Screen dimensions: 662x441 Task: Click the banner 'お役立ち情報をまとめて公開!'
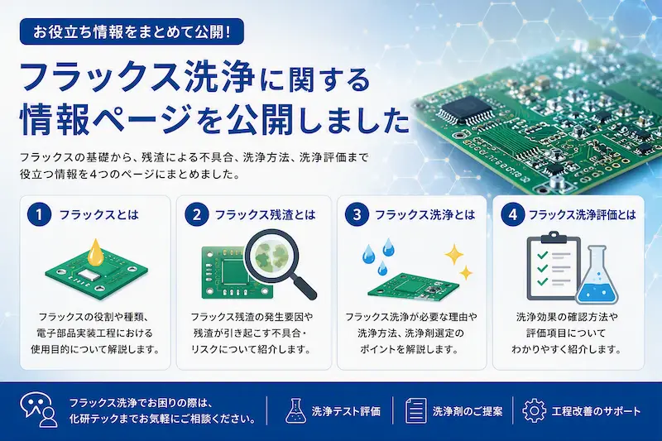click(132, 31)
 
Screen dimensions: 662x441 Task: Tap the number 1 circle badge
click(39, 215)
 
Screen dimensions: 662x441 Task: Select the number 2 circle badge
click(197, 215)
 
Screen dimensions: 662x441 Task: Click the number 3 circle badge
click(357, 215)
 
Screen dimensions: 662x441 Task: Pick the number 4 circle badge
click(513, 215)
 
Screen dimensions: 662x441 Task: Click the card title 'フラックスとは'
click(99, 215)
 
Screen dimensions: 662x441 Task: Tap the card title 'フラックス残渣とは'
click(265, 215)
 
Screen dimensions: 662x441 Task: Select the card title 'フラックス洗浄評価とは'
click(583, 215)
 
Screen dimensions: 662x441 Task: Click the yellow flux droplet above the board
click(96, 252)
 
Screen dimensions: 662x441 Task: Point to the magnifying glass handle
click(302, 285)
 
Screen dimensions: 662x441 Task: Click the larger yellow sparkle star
click(453, 255)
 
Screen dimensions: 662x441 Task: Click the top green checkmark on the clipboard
click(542, 255)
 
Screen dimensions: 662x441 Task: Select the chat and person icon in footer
click(39, 410)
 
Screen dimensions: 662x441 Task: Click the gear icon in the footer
click(534, 410)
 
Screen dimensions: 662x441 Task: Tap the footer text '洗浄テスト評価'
click(346, 411)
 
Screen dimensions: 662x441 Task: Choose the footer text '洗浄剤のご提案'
click(468, 411)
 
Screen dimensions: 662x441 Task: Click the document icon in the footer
click(416, 410)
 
